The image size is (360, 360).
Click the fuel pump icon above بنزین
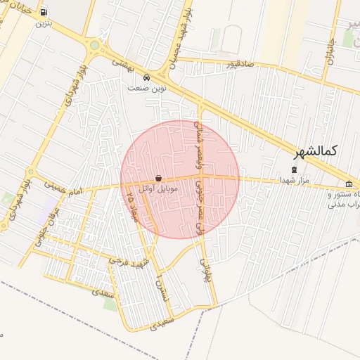point(44,13)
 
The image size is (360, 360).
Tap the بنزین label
point(44,22)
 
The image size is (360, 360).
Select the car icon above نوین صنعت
point(146,77)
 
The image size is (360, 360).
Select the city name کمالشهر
point(314,150)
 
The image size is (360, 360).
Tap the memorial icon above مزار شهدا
point(295,169)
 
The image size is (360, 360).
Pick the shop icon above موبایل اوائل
point(158,179)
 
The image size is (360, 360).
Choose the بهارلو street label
point(205,266)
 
